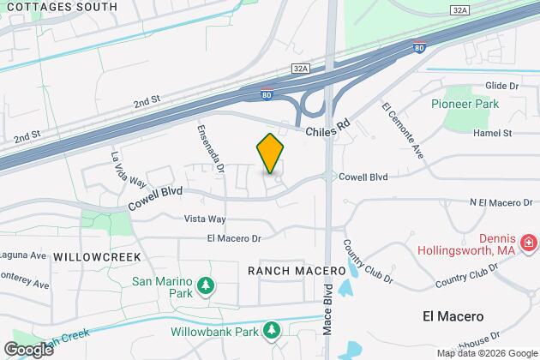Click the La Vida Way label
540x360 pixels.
point(124,169)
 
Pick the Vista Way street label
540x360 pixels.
point(204,219)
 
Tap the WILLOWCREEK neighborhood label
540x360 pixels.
point(90,256)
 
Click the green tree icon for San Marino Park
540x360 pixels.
point(204,285)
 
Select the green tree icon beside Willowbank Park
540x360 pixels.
point(272,329)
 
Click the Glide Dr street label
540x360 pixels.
point(502,87)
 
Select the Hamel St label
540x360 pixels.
point(495,134)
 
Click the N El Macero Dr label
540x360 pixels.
point(501,202)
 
